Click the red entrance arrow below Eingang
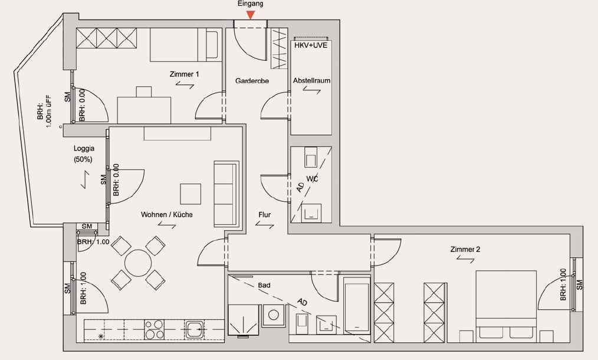[x=250, y=15]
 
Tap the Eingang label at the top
[x=250, y=4]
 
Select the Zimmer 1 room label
[x=184, y=74]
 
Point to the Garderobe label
[x=252, y=81]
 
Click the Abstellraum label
[x=311, y=80]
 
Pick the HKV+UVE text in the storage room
[x=311, y=45]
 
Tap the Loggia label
[x=84, y=149]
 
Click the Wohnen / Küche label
[x=167, y=215]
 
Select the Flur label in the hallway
[x=264, y=215]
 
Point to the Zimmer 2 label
[x=465, y=249]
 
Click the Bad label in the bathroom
[x=264, y=285]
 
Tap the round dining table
[x=138, y=263]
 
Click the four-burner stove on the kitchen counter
[x=155, y=329]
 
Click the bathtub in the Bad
[x=357, y=305]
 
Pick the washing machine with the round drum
[x=274, y=315]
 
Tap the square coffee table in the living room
[x=190, y=194]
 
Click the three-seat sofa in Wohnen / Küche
[x=226, y=194]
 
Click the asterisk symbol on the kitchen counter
[x=101, y=336]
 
